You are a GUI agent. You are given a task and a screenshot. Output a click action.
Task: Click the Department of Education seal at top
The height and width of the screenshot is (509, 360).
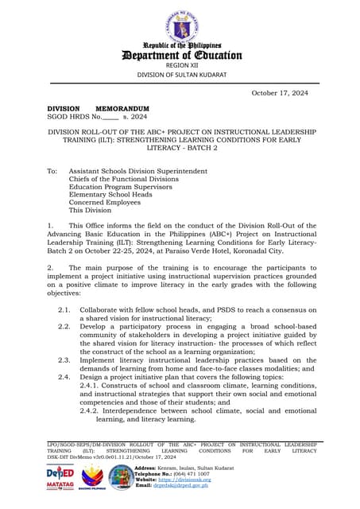180,25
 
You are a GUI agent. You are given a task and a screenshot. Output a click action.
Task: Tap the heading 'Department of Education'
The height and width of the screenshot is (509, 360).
180,55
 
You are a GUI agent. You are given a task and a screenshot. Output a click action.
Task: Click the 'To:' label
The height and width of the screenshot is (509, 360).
52,170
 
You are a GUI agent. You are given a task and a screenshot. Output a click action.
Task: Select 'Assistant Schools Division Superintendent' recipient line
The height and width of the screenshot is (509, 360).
138,170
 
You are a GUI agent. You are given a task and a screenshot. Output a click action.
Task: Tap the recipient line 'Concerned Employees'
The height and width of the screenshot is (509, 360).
106,203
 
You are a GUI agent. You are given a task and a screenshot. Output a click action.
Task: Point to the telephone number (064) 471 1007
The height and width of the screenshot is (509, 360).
188,473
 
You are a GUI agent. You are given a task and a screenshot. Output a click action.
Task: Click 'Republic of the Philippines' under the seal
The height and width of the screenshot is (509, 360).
180,45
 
